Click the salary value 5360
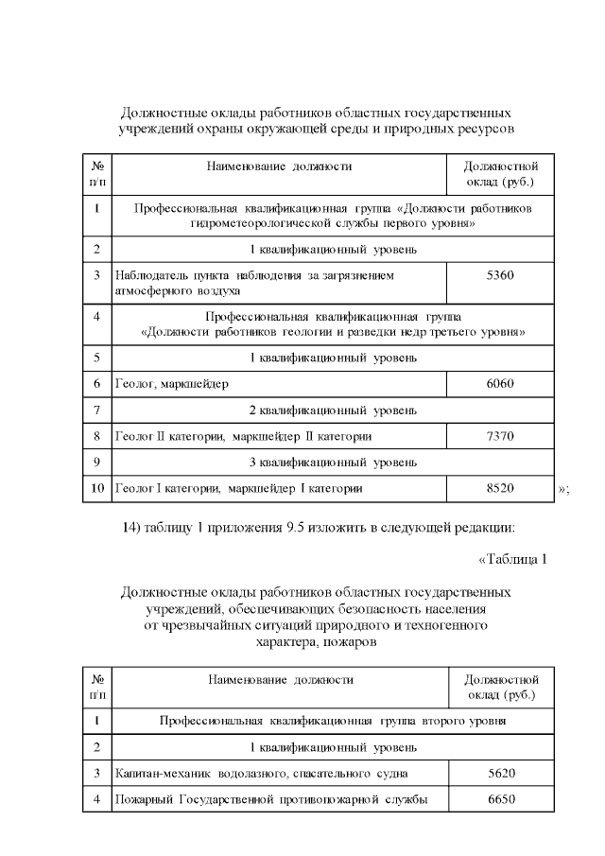click(499, 275)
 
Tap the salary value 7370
click(499, 436)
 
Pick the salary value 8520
click(499, 488)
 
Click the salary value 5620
click(501, 773)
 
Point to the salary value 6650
click(501, 799)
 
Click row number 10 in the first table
click(97, 488)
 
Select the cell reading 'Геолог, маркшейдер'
click(171, 384)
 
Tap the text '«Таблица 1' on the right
click(512, 559)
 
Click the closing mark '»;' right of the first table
click(564, 489)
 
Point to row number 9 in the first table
click(97, 463)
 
